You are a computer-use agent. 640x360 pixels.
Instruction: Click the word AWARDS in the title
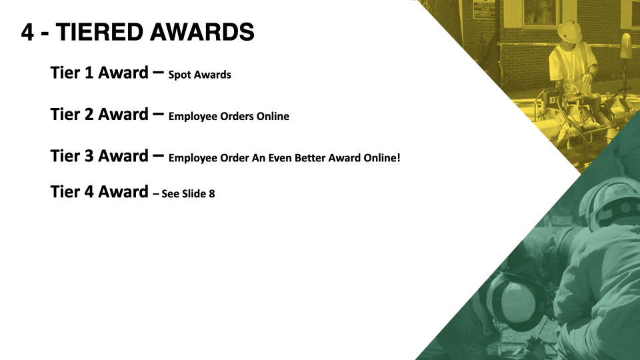[x=202, y=32]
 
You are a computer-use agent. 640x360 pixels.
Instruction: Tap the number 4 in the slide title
[x=27, y=32]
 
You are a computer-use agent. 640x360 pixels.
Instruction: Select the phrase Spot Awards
[x=199, y=75]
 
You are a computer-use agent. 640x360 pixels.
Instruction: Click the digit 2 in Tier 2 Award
[x=89, y=114]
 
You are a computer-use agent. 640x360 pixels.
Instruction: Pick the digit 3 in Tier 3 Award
[x=89, y=156]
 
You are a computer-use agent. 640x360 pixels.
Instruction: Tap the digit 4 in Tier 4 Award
[x=89, y=192]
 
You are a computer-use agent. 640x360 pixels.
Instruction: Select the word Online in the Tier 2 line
[x=273, y=116]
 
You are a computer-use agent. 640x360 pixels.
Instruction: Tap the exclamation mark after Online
[x=399, y=157]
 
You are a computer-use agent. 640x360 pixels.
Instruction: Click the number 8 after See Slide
[x=212, y=194]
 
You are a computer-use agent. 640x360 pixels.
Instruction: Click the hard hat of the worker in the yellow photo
[x=570, y=31]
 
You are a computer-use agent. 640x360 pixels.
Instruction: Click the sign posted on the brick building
[x=483, y=9]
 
